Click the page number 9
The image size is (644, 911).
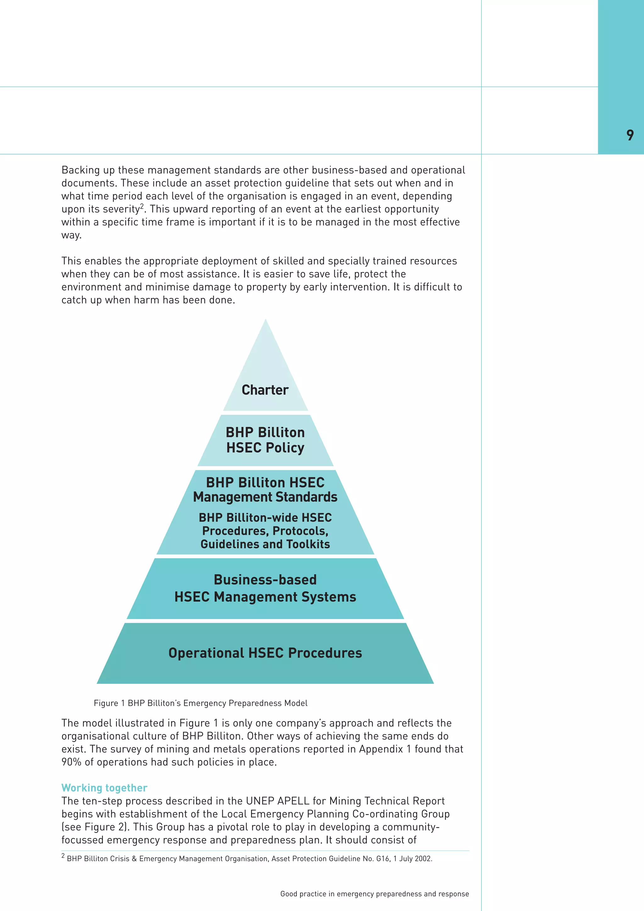(x=630, y=135)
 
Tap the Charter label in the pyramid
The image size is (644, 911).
(x=265, y=390)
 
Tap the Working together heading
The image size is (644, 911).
(x=104, y=788)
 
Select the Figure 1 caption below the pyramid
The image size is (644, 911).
(x=200, y=703)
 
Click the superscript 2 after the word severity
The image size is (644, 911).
(x=142, y=206)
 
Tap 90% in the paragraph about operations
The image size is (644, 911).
(x=71, y=762)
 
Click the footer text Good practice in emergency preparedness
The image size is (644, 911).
(x=374, y=894)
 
